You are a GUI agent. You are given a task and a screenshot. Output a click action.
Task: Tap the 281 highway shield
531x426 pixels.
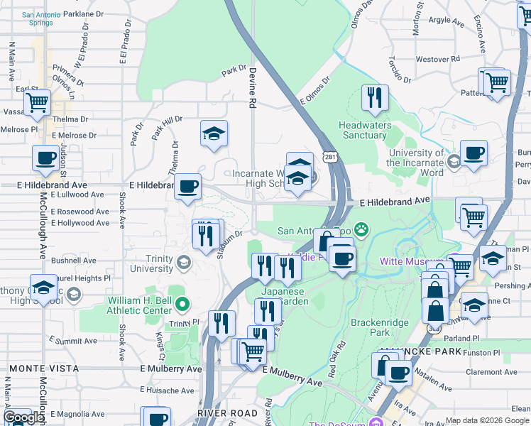click(329, 156)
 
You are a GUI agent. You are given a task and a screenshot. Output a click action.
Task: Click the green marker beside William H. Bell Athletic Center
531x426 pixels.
click(182, 305)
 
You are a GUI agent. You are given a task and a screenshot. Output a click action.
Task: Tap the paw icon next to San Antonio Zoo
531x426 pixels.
click(362, 229)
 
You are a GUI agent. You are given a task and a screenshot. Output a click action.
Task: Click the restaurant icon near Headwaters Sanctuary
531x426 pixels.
click(375, 98)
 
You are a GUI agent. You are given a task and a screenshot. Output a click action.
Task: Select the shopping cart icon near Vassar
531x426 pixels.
click(37, 103)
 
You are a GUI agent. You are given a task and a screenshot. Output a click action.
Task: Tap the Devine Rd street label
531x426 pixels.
click(252, 87)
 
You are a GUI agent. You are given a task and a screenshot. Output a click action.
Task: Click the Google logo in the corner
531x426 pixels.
click(23, 417)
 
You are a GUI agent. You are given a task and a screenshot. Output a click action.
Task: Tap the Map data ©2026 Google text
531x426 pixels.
click(487, 421)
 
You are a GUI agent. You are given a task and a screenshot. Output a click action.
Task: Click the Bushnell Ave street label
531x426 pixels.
click(74, 261)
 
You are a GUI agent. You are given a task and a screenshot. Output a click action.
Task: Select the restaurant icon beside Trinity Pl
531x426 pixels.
click(221, 323)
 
